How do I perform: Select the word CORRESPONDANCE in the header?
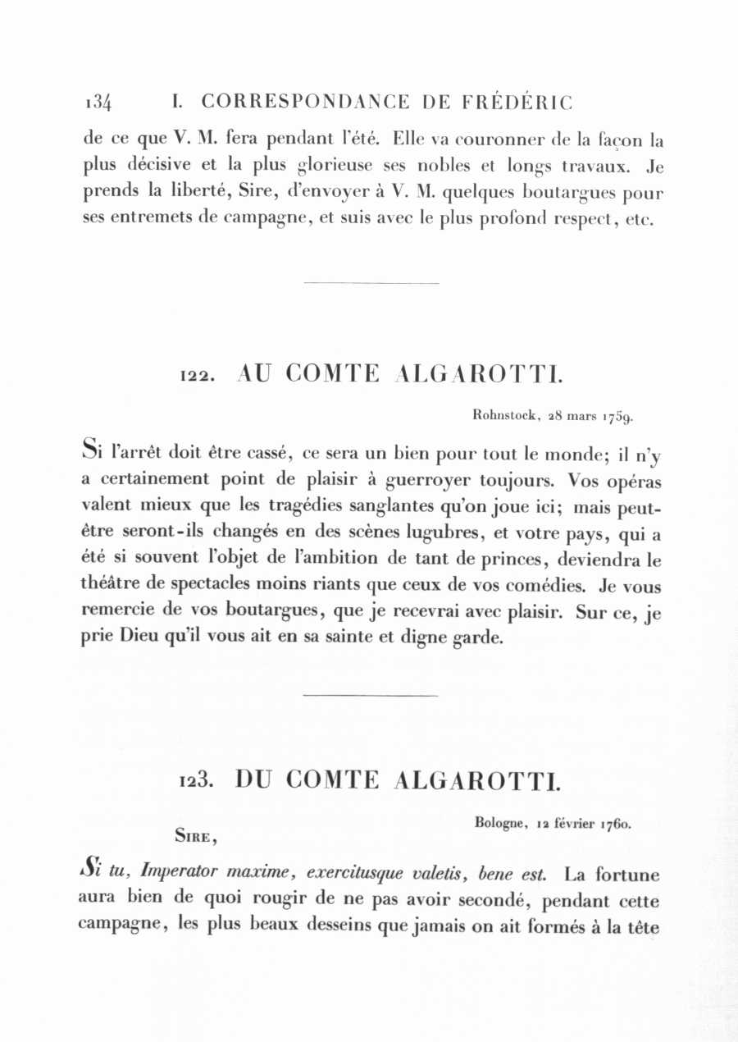(x=305, y=103)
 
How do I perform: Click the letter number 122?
(x=198, y=376)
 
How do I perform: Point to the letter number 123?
(x=197, y=780)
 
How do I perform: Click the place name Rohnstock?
(x=505, y=416)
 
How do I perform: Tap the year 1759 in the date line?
(x=617, y=417)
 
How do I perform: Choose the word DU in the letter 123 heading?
(x=254, y=779)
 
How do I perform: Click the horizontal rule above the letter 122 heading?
(x=371, y=284)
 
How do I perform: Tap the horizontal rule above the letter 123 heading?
(x=371, y=696)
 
